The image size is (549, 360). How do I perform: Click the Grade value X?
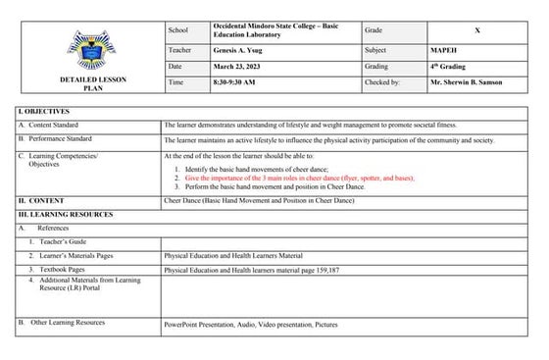477,30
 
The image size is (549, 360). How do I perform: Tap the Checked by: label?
391,82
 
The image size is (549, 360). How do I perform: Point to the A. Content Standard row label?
60,127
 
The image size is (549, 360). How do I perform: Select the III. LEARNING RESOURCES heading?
69,213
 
